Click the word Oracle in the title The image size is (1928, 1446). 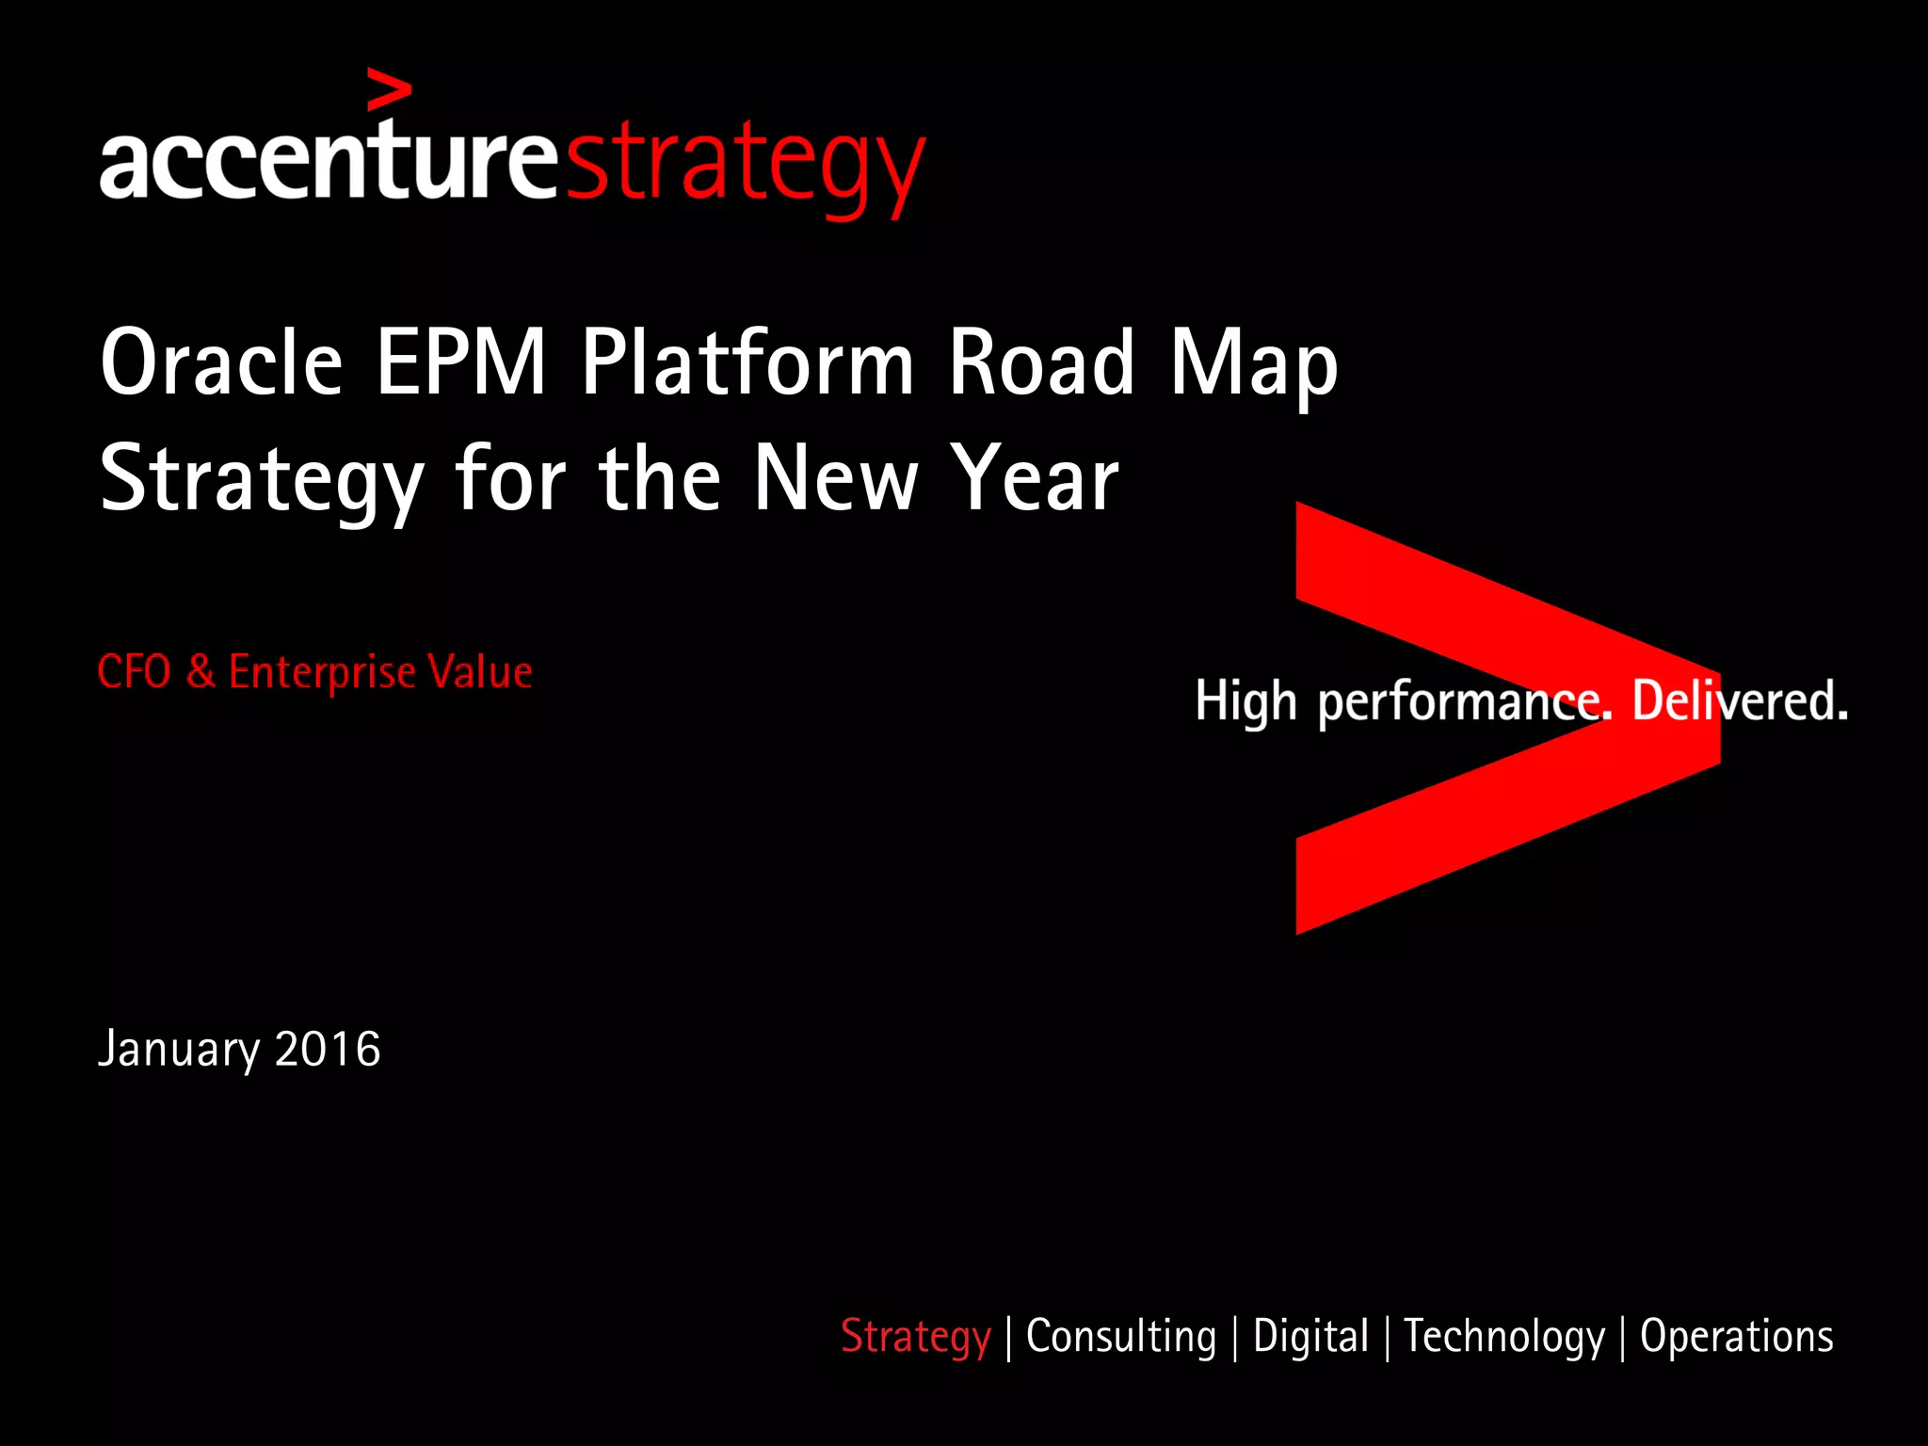[x=221, y=362]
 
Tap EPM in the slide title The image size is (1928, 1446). [x=461, y=362]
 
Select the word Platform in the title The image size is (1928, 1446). [x=747, y=362]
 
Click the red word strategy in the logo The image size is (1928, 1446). [x=746, y=162]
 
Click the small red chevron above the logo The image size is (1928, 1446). [x=389, y=89]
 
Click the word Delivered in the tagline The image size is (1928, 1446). [x=1740, y=701]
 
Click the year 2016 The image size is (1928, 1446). [x=328, y=1049]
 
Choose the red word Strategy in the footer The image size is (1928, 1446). [x=915, y=1338]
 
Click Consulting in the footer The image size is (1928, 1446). [x=1120, y=1337]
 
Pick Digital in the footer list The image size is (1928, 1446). [x=1310, y=1337]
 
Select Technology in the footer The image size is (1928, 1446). [x=1503, y=1338]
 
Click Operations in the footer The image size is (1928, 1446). [x=1736, y=1337]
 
